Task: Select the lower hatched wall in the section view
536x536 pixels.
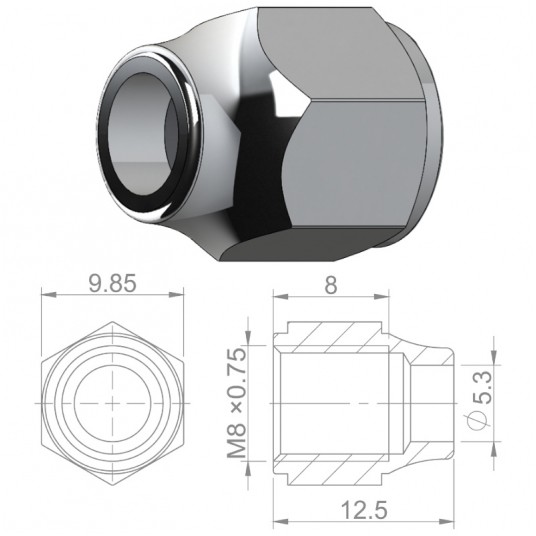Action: (x=340, y=465)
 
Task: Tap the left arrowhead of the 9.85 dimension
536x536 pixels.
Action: (x=46, y=297)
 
